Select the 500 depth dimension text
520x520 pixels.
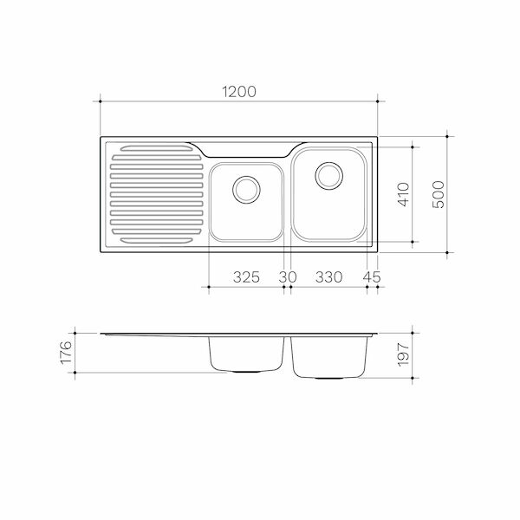pyautogui.click(x=438, y=193)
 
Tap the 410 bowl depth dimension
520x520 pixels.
pyautogui.click(x=401, y=193)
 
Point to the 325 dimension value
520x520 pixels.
pyautogui.click(x=247, y=277)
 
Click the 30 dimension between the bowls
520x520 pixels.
pyautogui.click(x=287, y=277)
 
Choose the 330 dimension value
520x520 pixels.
pyautogui.click(x=328, y=277)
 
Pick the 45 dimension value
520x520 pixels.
pyautogui.click(x=373, y=277)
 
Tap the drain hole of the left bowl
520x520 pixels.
pyautogui.click(x=246, y=187)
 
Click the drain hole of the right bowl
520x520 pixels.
pyautogui.click(x=328, y=175)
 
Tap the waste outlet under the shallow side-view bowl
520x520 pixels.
pyautogui.click(x=247, y=372)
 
